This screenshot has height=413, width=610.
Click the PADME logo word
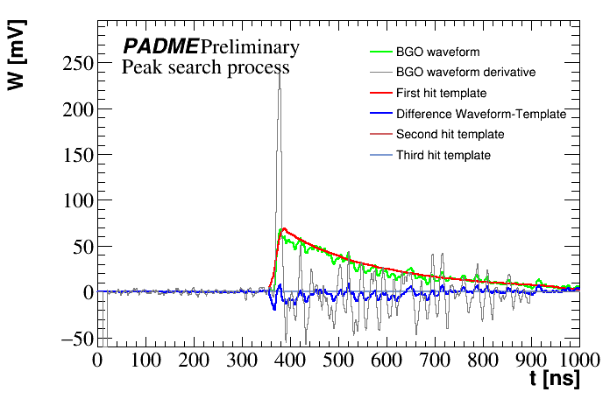[160, 46]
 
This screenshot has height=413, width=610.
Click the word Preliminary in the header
[250, 46]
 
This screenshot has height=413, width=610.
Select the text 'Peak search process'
[206, 66]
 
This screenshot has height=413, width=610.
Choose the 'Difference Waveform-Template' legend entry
[481, 114]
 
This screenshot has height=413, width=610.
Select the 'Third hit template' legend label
[443, 156]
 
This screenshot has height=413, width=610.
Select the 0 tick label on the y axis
[86, 292]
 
